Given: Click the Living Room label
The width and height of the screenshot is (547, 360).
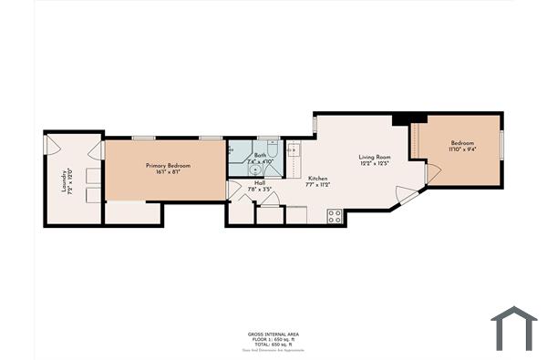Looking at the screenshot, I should pos(374,157).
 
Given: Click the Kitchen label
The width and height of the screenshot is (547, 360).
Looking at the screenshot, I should pos(317,178).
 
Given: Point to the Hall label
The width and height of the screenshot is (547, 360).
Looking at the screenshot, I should pos(260,182).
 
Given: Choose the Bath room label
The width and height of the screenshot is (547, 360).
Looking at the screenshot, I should pos(260,155).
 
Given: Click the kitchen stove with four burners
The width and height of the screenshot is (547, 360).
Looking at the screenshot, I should pos(334,216).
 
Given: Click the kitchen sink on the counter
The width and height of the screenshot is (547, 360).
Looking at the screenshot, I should pos(294,151).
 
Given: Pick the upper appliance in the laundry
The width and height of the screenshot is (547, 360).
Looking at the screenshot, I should pos(93,174).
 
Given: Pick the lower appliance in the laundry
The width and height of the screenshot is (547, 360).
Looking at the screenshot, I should pos(93,194).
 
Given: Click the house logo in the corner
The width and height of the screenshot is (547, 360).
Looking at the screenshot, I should pos(514,327).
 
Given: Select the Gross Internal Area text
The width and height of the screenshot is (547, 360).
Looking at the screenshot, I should pos(273,334).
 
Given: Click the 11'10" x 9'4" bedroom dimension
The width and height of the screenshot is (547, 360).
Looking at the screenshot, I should pos(463,151).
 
